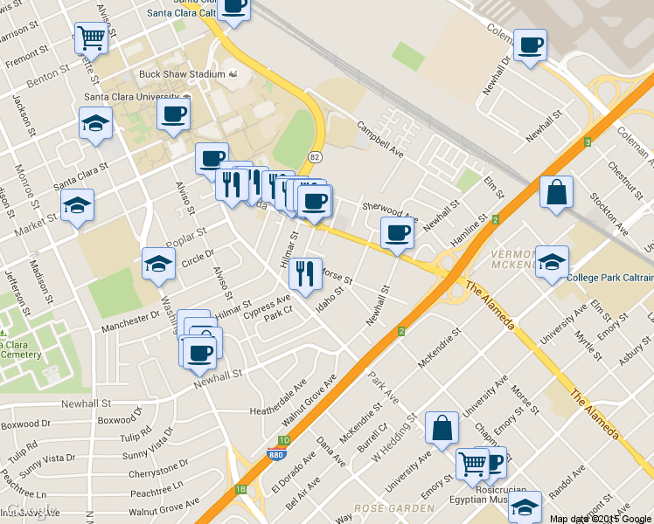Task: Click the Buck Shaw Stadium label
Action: pos(182,74)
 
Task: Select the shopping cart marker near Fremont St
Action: pos(91,38)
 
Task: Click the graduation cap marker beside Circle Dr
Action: pos(158,263)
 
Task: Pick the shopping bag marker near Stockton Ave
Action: pos(555,192)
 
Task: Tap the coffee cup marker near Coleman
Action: pos(530,45)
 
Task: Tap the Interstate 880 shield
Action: pos(275,452)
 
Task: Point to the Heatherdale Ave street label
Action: pos(279,397)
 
